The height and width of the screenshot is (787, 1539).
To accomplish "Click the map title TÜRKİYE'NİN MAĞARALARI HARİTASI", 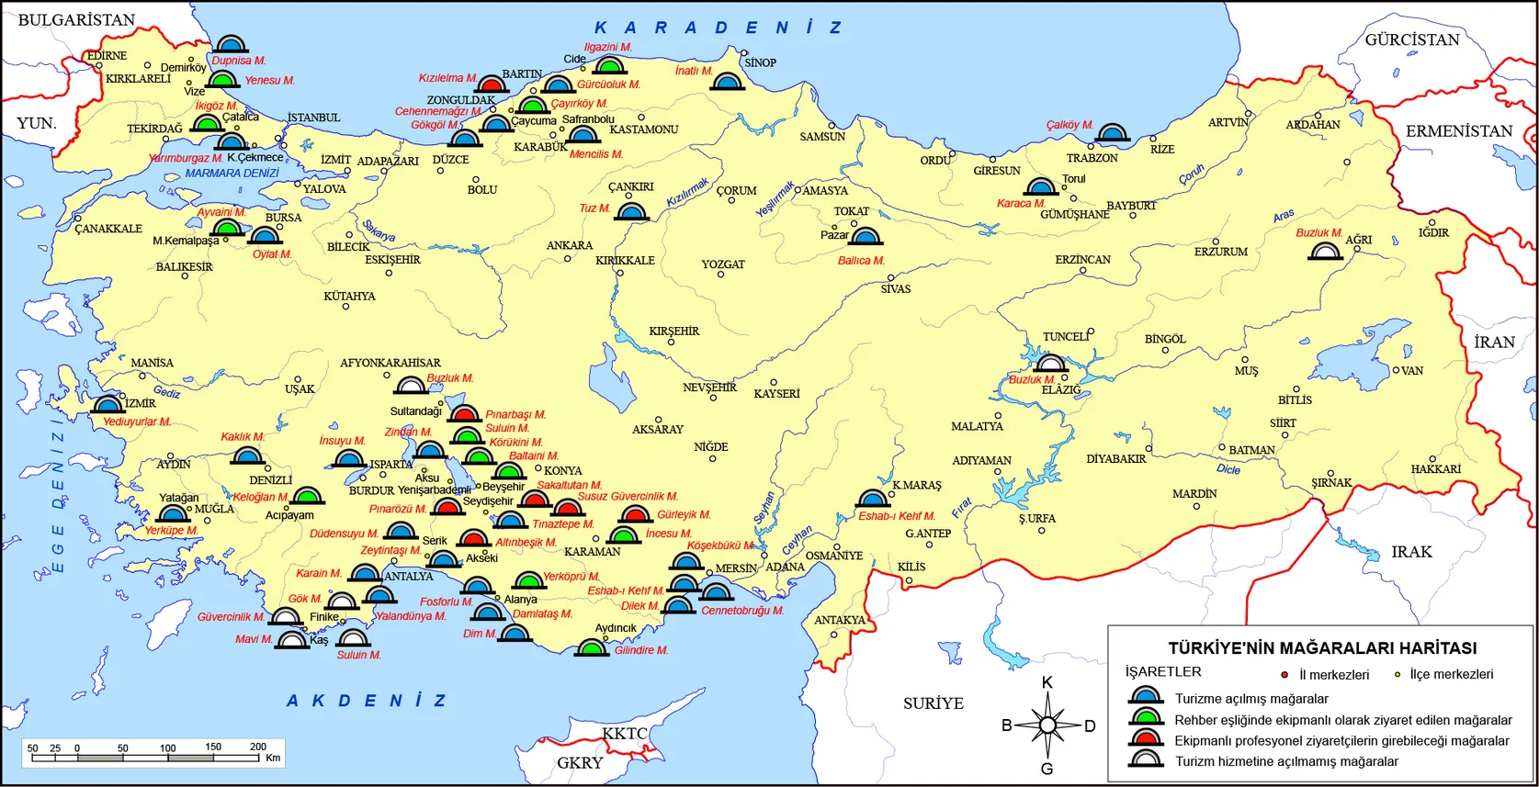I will pyautogui.click(x=1322, y=647).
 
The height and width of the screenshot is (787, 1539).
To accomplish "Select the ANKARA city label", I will pyautogui.click(x=570, y=245).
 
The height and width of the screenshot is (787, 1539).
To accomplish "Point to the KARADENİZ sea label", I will pyautogui.click(x=718, y=28).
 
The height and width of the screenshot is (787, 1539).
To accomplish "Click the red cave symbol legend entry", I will pyautogui.click(x=1146, y=739).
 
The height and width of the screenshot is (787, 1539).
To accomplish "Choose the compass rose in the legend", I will pyautogui.click(x=1047, y=725).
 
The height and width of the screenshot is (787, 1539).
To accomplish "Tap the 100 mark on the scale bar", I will pyautogui.click(x=167, y=748).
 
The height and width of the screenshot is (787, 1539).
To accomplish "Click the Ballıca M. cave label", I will pyautogui.click(x=860, y=261).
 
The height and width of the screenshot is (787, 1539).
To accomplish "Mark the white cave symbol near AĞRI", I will pyautogui.click(x=1325, y=250).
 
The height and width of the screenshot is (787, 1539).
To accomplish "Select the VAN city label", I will pyautogui.click(x=1412, y=371).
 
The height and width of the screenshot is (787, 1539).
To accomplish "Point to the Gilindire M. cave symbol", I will pyautogui.click(x=591, y=648).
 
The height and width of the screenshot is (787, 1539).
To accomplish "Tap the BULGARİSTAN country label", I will pyautogui.click(x=76, y=20).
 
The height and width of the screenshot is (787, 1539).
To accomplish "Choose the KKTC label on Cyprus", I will pyautogui.click(x=625, y=734).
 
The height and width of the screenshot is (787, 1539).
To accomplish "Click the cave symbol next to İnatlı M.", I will pyautogui.click(x=728, y=83).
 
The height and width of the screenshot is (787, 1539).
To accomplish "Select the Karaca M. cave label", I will pyautogui.click(x=1021, y=204).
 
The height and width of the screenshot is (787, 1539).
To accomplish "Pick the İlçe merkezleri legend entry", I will pyautogui.click(x=1451, y=674).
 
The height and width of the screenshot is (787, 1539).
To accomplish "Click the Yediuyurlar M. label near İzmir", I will pyautogui.click(x=136, y=422).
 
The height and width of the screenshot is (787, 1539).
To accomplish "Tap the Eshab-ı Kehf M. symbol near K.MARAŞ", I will pyautogui.click(x=872, y=499).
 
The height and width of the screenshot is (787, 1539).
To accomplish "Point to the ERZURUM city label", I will pyautogui.click(x=1220, y=252).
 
